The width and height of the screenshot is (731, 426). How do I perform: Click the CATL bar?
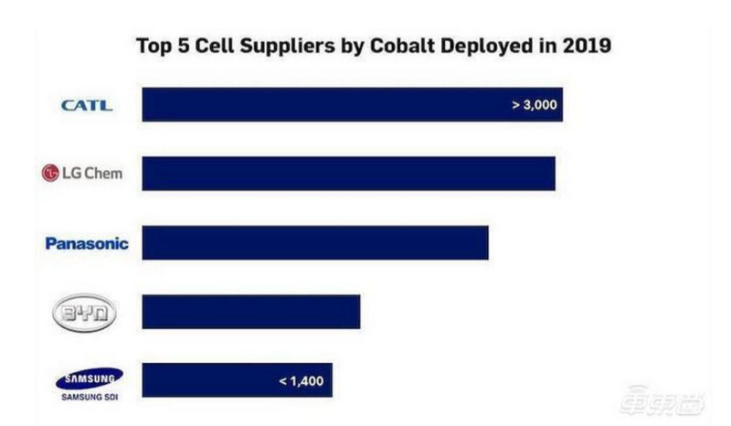tap(352, 104)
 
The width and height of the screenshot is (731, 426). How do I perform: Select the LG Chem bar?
tap(348, 173)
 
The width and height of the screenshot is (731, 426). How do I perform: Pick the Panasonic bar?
tap(315, 243)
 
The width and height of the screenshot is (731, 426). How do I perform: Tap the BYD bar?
tap(251, 312)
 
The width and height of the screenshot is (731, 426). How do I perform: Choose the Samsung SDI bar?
tap(237, 380)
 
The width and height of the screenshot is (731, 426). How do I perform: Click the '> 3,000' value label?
tap(534, 105)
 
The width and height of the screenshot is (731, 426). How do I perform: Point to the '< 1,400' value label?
tap(301, 380)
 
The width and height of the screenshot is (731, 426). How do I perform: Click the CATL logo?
tap(87, 105)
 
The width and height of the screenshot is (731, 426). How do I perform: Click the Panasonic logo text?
tap(87, 243)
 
